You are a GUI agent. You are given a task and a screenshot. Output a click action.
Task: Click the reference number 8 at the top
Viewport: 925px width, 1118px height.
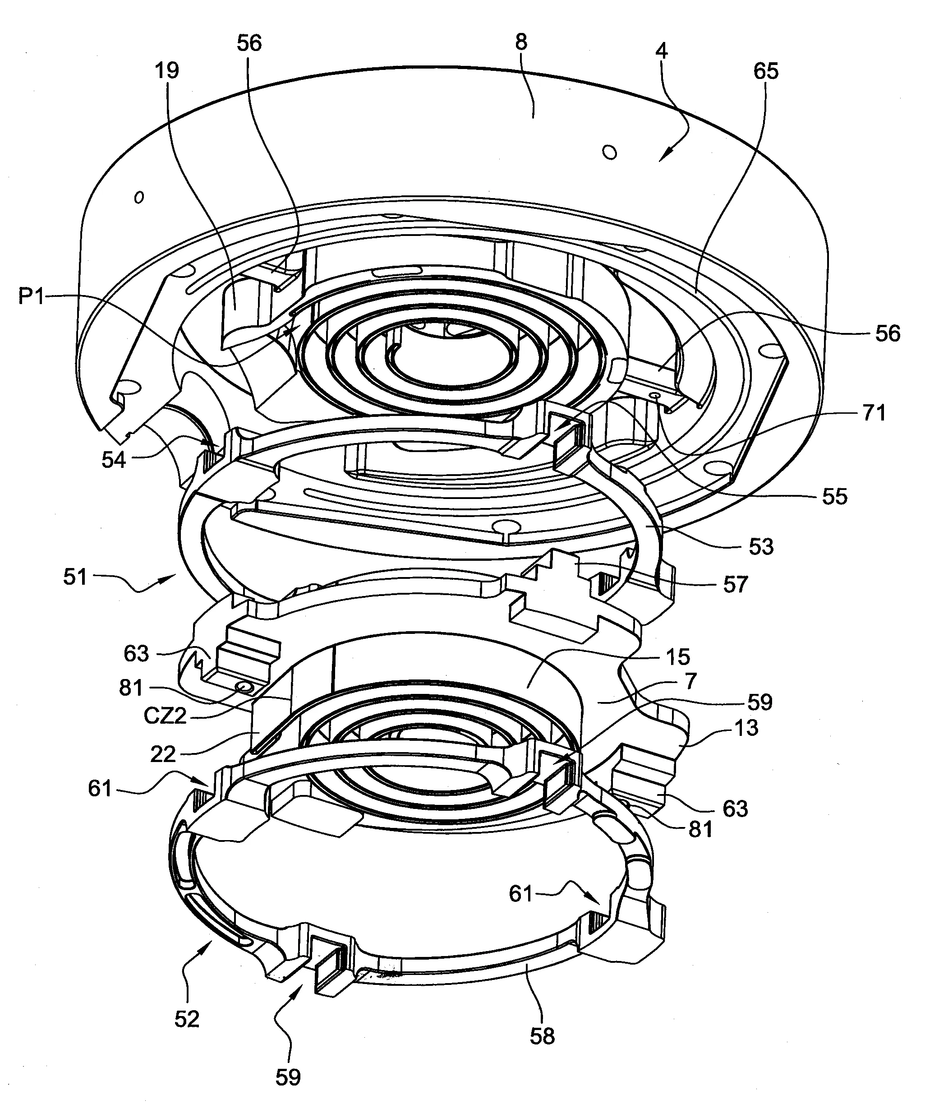point(521,42)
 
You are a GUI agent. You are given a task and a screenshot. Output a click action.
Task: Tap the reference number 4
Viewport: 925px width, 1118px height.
point(662,51)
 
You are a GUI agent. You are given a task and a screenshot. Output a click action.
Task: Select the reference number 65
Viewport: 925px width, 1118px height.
point(766,71)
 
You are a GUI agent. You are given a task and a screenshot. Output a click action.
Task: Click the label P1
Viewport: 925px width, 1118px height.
point(32,296)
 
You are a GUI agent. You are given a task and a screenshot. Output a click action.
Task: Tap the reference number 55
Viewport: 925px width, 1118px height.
point(834,497)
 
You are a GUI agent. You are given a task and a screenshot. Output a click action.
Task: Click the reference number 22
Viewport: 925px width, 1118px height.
point(163,754)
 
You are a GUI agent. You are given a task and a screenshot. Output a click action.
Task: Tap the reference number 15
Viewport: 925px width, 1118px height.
point(677,657)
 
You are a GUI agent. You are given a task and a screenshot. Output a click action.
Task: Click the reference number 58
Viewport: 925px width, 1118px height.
point(543,1036)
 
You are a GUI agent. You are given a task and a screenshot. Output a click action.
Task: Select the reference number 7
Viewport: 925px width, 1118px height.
point(690,681)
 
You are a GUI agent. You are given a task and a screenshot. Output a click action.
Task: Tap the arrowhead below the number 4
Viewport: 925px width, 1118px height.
point(663,156)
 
